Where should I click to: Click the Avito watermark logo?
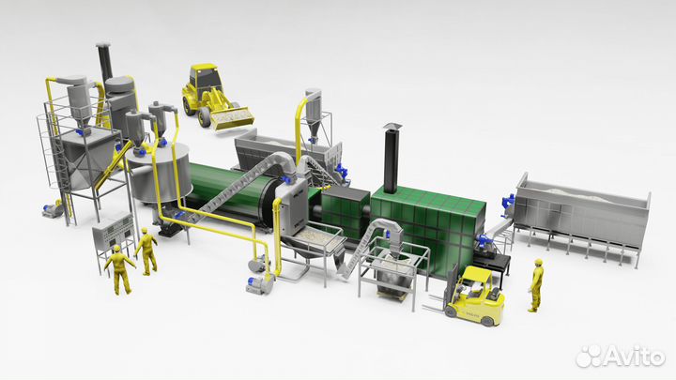point(621,356)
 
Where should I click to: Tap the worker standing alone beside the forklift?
point(535,285)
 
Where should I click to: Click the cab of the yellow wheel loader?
point(205,78)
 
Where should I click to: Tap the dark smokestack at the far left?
point(104,62)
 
